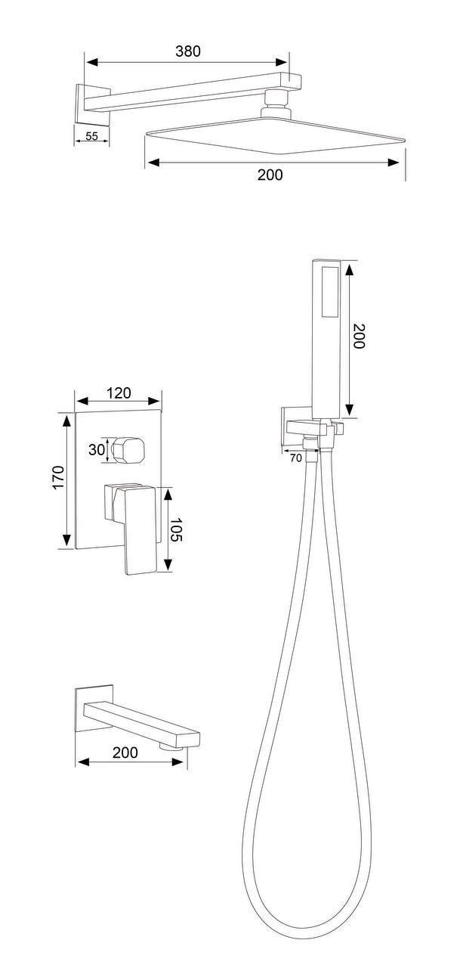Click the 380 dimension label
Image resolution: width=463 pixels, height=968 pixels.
coord(188,51)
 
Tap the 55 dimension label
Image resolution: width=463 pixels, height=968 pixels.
coord(91,136)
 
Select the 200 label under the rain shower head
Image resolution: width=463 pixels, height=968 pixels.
coord(270,175)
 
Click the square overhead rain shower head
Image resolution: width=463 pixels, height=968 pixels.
coord(275,135)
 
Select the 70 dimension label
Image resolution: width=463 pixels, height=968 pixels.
coord(295,458)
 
